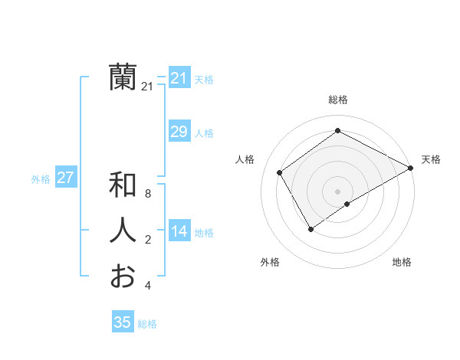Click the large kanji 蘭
click(123, 77)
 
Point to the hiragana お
click(123, 275)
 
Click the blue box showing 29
click(179, 132)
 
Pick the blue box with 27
click(65, 178)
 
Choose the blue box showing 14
click(179, 231)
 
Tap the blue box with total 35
click(123, 322)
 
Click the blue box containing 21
click(179, 78)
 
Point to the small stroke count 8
click(148, 195)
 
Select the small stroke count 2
click(148, 241)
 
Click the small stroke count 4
click(148, 286)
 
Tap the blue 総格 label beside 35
click(147, 324)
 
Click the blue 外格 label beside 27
click(41, 179)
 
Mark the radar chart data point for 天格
click(411, 169)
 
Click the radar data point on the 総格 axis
click(337, 131)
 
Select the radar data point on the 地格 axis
click(347, 204)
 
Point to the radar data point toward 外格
click(310, 228)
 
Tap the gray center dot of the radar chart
click(337, 191)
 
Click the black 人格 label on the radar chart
click(245, 159)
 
